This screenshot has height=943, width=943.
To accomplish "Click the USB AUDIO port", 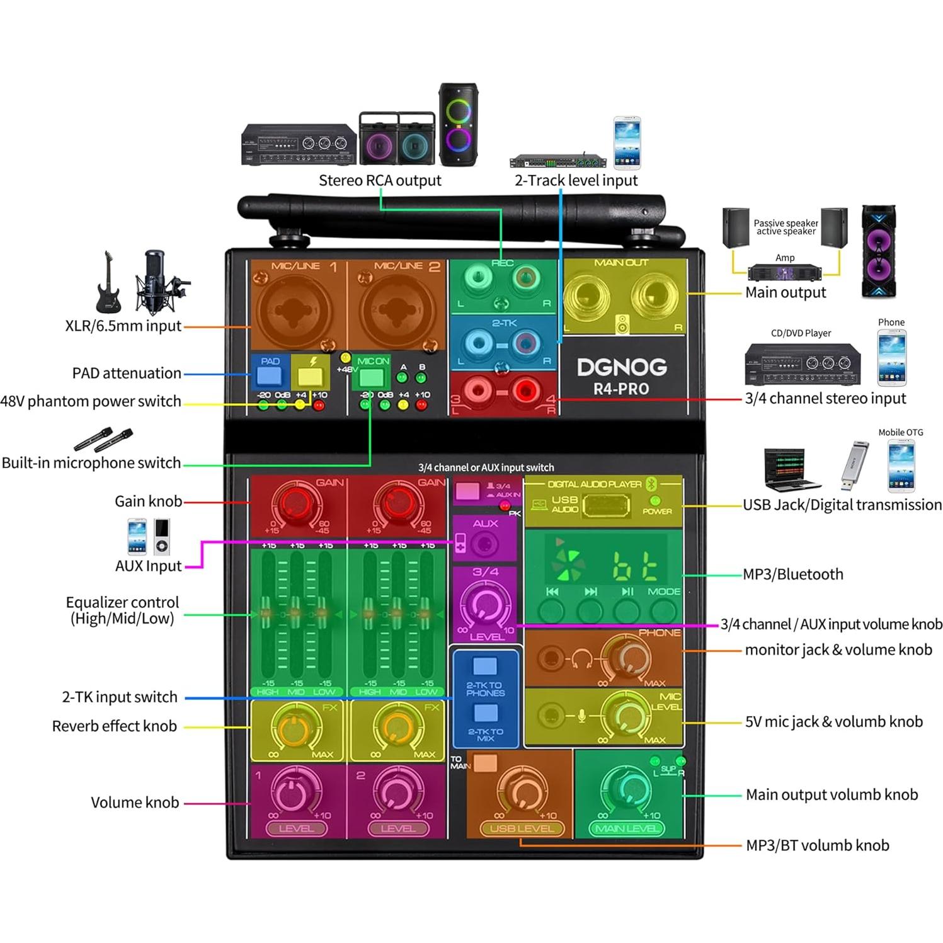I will point(605,505).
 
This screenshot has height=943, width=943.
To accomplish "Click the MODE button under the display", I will point(663,610).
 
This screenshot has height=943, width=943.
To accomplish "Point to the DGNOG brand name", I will point(621,367).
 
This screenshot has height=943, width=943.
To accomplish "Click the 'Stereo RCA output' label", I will point(380,181).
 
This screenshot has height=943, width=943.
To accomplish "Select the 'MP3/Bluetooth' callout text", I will point(792,574).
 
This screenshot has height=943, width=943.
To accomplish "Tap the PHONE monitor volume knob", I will point(627,658).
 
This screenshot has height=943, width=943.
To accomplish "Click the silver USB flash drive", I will point(854,467).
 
